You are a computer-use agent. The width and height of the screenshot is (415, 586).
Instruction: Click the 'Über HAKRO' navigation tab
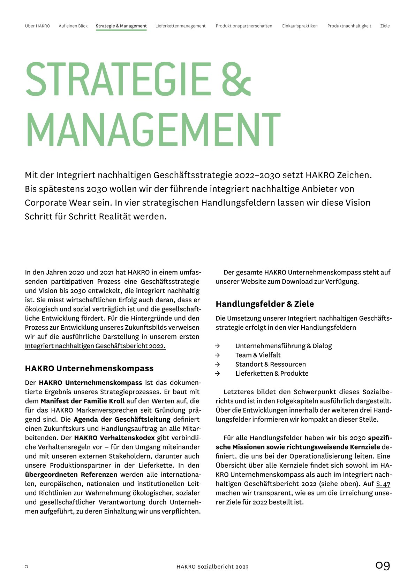[37, 26]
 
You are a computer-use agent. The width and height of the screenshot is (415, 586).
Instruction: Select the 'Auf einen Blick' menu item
[73, 26]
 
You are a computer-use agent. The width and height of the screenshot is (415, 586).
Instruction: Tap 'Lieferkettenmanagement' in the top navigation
[180, 26]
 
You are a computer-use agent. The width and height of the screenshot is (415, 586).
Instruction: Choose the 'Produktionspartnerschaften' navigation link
[244, 26]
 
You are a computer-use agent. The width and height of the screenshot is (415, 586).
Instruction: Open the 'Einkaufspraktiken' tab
[300, 26]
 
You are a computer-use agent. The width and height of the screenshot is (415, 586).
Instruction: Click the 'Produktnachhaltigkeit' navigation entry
[349, 26]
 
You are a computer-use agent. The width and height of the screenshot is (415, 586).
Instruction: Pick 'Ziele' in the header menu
[385, 26]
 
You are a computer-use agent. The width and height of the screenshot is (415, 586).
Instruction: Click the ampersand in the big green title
[236, 79]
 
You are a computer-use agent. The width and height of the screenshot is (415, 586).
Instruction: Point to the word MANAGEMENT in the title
[153, 129]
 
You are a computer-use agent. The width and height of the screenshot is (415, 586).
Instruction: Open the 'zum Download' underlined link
[290, 281]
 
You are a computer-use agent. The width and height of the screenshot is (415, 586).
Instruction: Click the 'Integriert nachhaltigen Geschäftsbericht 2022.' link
[95, 346]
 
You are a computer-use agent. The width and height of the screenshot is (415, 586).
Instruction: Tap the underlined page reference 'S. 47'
[383, 484]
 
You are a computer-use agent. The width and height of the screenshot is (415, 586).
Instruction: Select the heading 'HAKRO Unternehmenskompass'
[89, 368]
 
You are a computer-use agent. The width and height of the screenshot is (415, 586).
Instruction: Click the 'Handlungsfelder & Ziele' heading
[265, 304]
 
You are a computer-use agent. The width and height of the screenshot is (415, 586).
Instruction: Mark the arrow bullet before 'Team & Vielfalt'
[218, 355]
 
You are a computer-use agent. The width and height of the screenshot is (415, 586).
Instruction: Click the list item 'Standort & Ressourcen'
[270, 364]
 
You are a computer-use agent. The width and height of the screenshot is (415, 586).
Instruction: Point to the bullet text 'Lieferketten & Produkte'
[272, 373]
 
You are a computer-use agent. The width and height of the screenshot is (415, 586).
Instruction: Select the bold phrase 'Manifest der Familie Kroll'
[82, 401]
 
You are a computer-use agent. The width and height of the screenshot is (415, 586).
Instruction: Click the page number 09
[383, 565]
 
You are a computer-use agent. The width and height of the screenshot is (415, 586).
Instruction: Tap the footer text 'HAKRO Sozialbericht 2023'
[212, 567]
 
